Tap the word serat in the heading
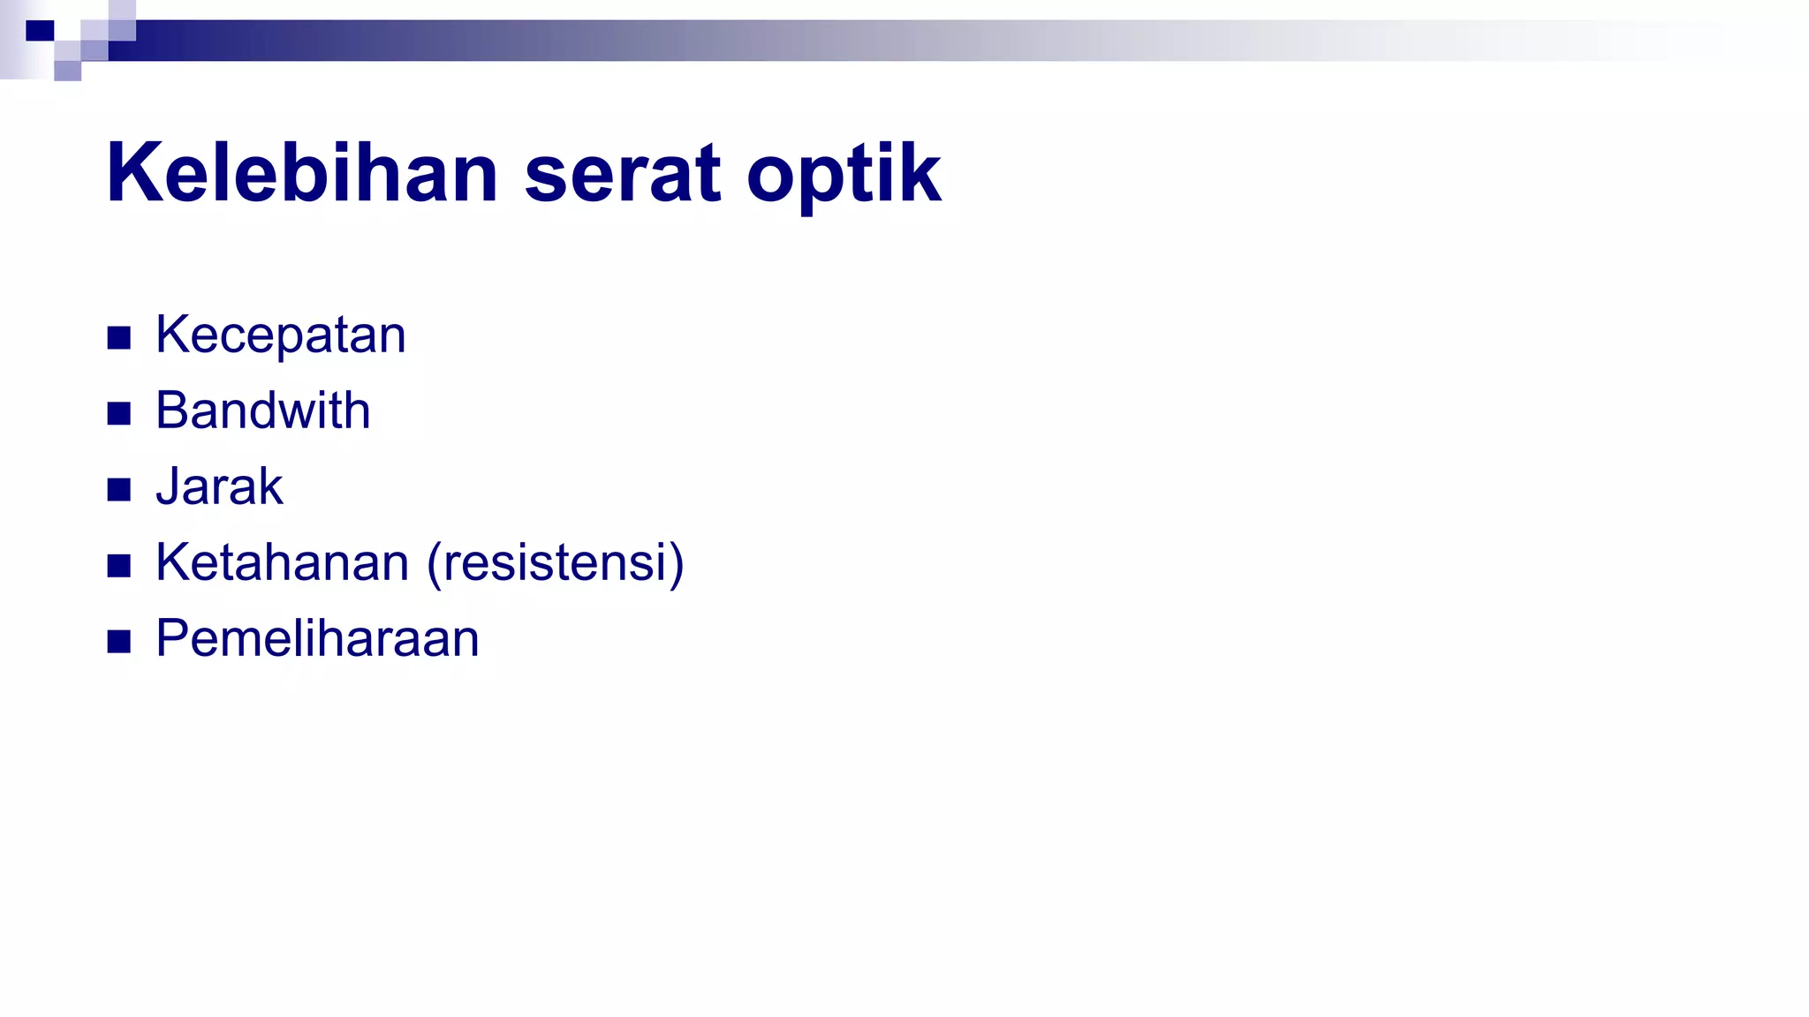coord(623,175)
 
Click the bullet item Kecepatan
coord(281,335)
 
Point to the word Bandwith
coord(263,411)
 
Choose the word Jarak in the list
coord(219,487)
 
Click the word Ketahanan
coord(283,563)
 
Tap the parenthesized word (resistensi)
coord(556,563)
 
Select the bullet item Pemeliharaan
coord(317,639)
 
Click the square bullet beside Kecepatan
coord(119,338)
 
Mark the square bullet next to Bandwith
coord(119,414)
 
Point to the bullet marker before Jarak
coord(119,490)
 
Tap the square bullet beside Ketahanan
coord(119,566)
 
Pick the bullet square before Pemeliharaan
coord(119,642)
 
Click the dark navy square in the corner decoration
coord(40,31)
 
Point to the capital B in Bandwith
coord(173,411)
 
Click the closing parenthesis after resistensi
coord(677,565)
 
